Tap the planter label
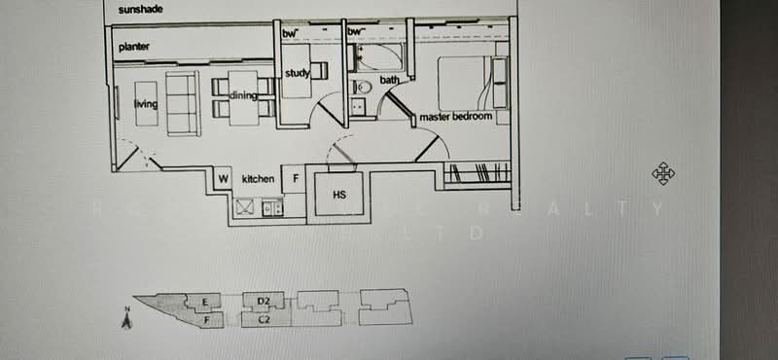coord(134,47)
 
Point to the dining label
coord(243,94)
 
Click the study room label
coord(297,73)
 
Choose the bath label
coord(389,80)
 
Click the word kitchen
coord(259,179)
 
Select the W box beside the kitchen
coord(223,179)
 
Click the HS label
coord(339,195)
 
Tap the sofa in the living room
coord(182,103)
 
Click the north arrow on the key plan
coord(126,318)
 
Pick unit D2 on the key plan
coord(263,301)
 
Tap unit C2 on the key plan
coord(263,318)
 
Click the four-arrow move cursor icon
coord(663,174)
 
